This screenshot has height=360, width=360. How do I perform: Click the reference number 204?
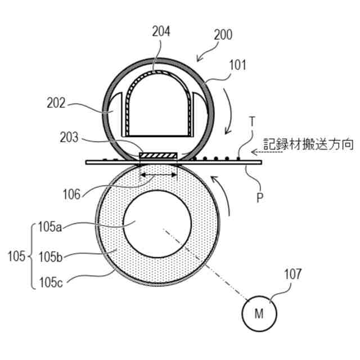(161, 31)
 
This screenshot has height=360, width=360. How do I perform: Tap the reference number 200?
(223, 35)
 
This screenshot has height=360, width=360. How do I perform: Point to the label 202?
(56, 103)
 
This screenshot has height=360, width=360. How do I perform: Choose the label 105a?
(49, 227)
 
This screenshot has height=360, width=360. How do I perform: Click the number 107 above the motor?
(292, 274)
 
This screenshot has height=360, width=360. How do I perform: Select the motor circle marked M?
(259, 314)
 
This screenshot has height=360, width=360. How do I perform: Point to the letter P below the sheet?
(259, 198)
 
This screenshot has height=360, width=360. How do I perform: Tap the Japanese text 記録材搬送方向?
(309, 145)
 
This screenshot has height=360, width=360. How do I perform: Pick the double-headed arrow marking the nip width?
(158, 176)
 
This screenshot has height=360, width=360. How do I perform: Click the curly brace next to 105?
(30, 256)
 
